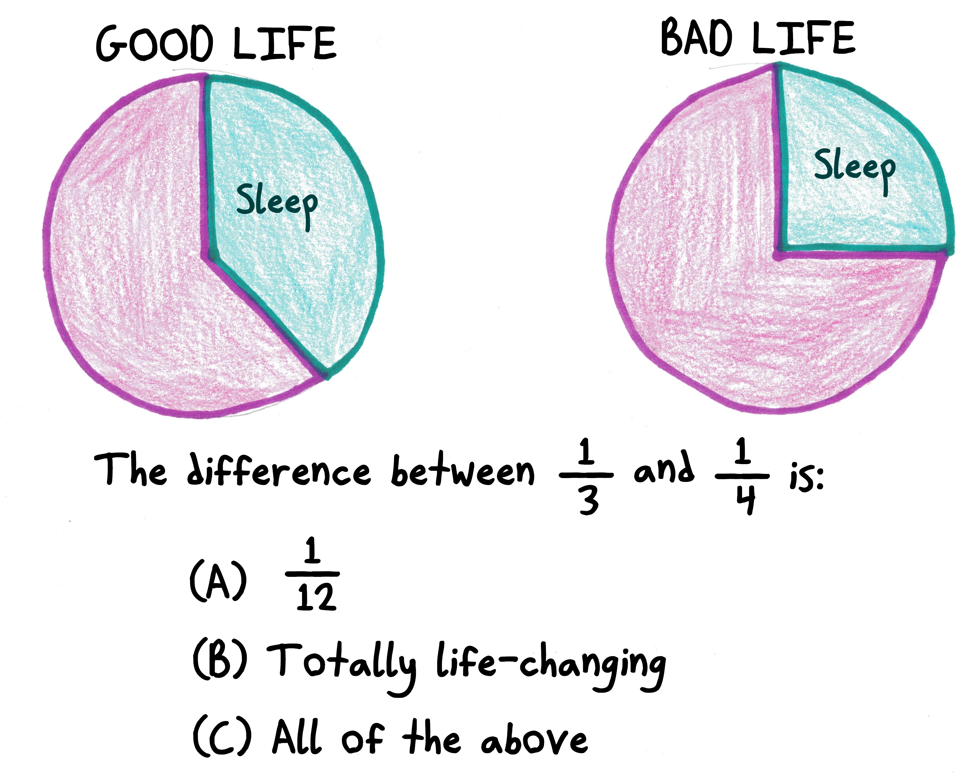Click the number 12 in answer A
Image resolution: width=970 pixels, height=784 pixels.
[x=316, y=597]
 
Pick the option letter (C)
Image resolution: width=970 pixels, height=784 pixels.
[x=221, y=737]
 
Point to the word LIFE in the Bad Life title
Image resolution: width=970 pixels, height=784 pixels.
[x=804, y=38]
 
